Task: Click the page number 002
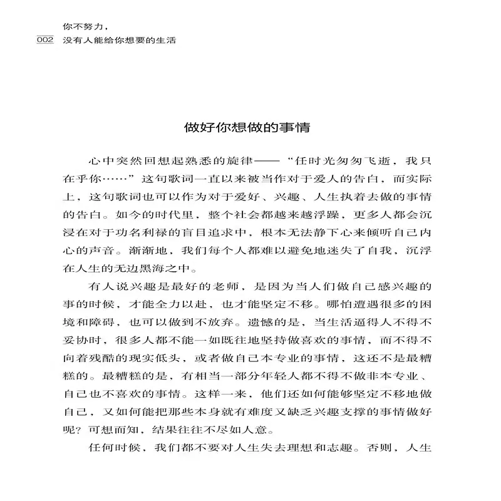coord(46,39)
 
